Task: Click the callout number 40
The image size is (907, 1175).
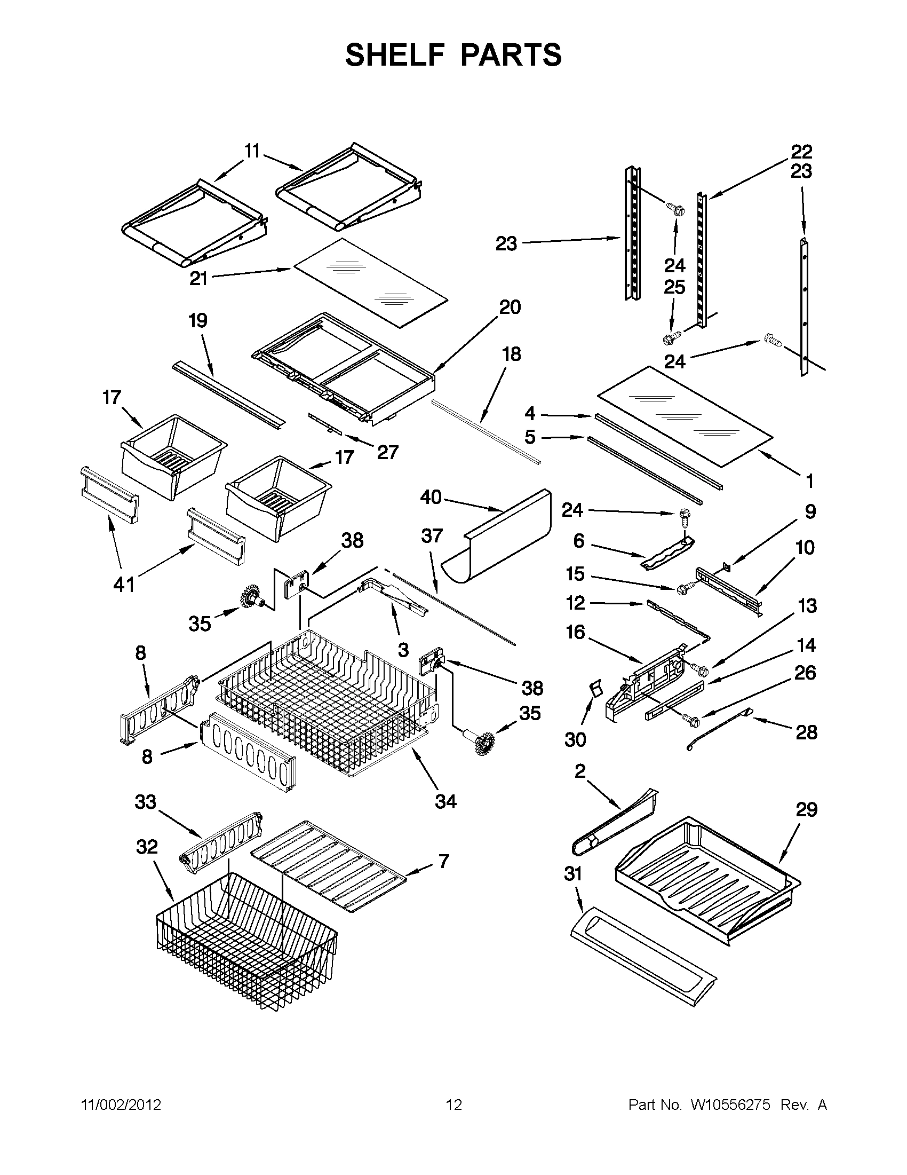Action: [431, 497]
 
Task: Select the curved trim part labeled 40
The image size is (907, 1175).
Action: [500, 538]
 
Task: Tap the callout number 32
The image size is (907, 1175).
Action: [147, 847]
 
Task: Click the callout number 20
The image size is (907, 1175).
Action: [510, 307]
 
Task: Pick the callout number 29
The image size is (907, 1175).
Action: [807, 810]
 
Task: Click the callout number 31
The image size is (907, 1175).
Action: [573, 874]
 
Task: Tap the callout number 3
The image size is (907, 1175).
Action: [403, 650]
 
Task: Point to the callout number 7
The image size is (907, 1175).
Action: [443, 861]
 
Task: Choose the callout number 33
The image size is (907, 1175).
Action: [145, 802]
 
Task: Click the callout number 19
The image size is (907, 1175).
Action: [198, 321]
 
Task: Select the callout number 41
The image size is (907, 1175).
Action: [124, 584]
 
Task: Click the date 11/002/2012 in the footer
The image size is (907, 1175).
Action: [121, 1105]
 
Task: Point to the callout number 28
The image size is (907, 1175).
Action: [806, 732]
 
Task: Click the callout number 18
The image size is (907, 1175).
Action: [511, 354]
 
